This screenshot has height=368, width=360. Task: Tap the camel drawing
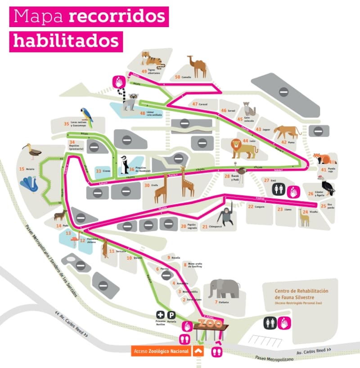coord(197,67)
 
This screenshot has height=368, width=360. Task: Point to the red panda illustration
coord(324,159)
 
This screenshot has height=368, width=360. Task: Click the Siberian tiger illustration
coord(152,59)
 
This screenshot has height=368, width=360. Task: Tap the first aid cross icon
coord(160,315)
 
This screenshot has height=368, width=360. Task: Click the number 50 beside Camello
coord(177,77)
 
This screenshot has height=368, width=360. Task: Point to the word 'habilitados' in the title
coord(66,40)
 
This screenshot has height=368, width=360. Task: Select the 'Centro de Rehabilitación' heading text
coord(301,291)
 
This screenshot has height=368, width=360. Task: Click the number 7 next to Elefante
coord(216,302)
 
